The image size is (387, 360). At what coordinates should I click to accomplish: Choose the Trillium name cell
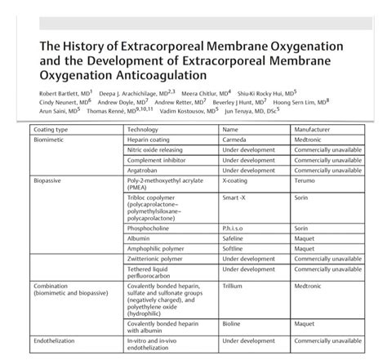point(234,287)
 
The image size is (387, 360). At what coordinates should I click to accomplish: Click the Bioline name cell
point(234,322)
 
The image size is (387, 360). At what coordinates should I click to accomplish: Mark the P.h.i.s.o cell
point(236,229)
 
